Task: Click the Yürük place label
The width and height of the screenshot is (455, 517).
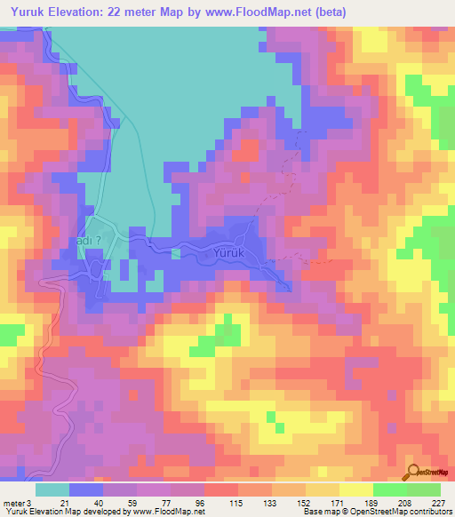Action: pos(228,253)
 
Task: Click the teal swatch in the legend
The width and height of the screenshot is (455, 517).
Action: pos(52,489)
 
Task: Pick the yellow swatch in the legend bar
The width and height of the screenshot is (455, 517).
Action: pos(355,489)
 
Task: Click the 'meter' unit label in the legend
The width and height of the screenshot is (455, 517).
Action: pos(13,502)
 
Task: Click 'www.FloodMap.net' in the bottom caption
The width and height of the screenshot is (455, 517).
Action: pos(168,512)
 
